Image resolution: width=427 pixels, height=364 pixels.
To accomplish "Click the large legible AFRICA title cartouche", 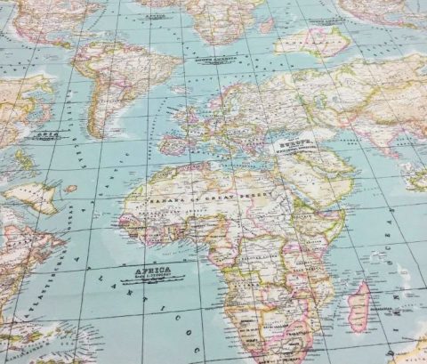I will (x=153, y=271).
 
